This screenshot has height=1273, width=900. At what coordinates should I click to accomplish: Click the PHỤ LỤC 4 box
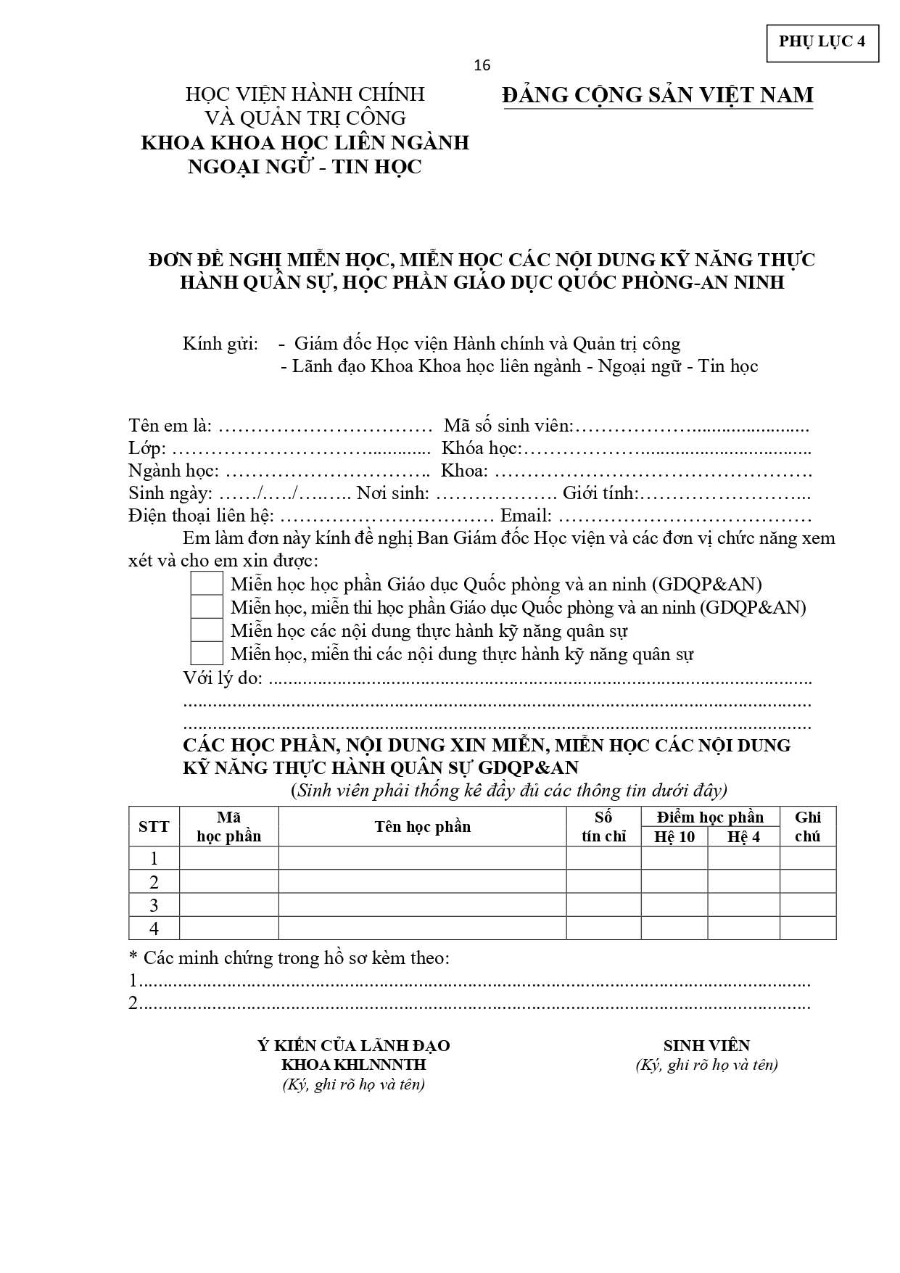coord(822,42)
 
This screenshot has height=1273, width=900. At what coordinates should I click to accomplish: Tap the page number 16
coord(482,66)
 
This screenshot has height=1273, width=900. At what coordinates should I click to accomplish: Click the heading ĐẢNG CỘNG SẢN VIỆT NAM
coord(658,95)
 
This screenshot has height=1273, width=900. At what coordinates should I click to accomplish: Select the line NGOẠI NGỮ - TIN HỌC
coord(305,167)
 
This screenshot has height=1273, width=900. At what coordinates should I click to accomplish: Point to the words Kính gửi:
coord(220,343)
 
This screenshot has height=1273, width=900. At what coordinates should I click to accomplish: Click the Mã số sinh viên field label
coord(508,425)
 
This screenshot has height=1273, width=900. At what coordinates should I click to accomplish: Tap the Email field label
coord(526,516)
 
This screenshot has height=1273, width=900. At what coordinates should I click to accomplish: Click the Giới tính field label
coord(600,494)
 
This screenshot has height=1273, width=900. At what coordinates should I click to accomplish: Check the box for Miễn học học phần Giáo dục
coord(206,584)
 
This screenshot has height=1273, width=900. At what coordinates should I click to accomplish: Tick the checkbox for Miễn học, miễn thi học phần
coord(206,607)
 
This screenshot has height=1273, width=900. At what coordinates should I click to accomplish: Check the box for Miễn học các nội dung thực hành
coord(206,630)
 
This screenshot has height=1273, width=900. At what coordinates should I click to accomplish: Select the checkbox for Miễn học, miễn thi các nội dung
coord(206,654)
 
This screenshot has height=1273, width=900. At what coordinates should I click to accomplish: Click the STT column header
coord(154,826)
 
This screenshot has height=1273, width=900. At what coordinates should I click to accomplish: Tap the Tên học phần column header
coord(422,826)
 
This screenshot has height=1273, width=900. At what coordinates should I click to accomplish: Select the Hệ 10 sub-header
coord(674,836)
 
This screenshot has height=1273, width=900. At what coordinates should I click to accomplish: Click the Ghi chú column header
coord(807,826)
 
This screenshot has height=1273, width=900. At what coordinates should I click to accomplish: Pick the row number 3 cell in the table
coord(154,905)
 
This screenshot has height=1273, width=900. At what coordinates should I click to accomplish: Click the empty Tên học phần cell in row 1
coord(422,858)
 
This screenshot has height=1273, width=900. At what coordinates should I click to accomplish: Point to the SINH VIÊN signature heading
coord(706,1045)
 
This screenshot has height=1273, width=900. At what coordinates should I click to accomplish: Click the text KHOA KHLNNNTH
coord(353,1065)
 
